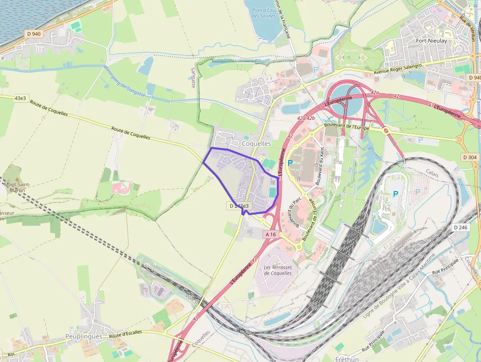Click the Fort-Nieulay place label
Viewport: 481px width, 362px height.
point(431,41)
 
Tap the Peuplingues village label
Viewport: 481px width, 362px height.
point(83,336)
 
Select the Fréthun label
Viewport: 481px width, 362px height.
point(348,359)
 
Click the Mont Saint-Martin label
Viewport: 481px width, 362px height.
point(18,187)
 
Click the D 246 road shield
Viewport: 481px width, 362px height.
point(460,227)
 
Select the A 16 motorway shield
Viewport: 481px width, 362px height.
point(271,234)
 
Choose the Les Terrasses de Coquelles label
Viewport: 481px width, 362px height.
point(277,270)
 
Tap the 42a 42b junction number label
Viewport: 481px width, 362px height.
point(306,118)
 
